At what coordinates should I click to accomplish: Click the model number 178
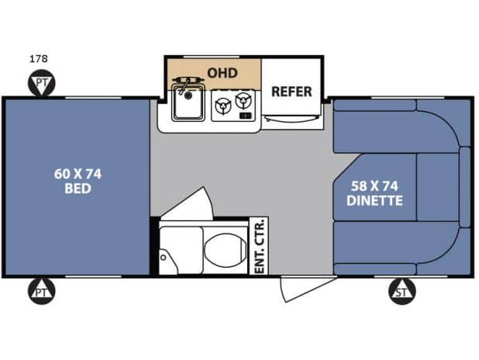(39, 58)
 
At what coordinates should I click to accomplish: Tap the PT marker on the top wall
(42, 83)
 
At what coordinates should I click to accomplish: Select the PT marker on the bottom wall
(42, 291)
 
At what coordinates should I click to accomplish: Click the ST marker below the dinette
(402, 291)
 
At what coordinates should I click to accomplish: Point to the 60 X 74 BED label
(78, 181)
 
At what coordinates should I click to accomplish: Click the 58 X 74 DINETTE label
(374, 193)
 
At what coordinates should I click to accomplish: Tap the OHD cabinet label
(222, 73)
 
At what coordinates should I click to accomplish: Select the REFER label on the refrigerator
(291, 92)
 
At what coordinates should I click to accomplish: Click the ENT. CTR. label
(259, 246)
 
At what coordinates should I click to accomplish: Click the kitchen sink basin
(188, 102)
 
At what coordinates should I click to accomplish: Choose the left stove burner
(222, 106)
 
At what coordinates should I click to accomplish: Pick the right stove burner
(243, 99)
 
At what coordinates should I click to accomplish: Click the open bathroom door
(190, 204)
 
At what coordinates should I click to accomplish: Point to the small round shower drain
(164, 258)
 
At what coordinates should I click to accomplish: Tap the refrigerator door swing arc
(292, 119)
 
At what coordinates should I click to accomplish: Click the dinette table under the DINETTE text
(376, 187)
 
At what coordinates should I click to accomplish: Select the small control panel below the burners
(246, 116)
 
